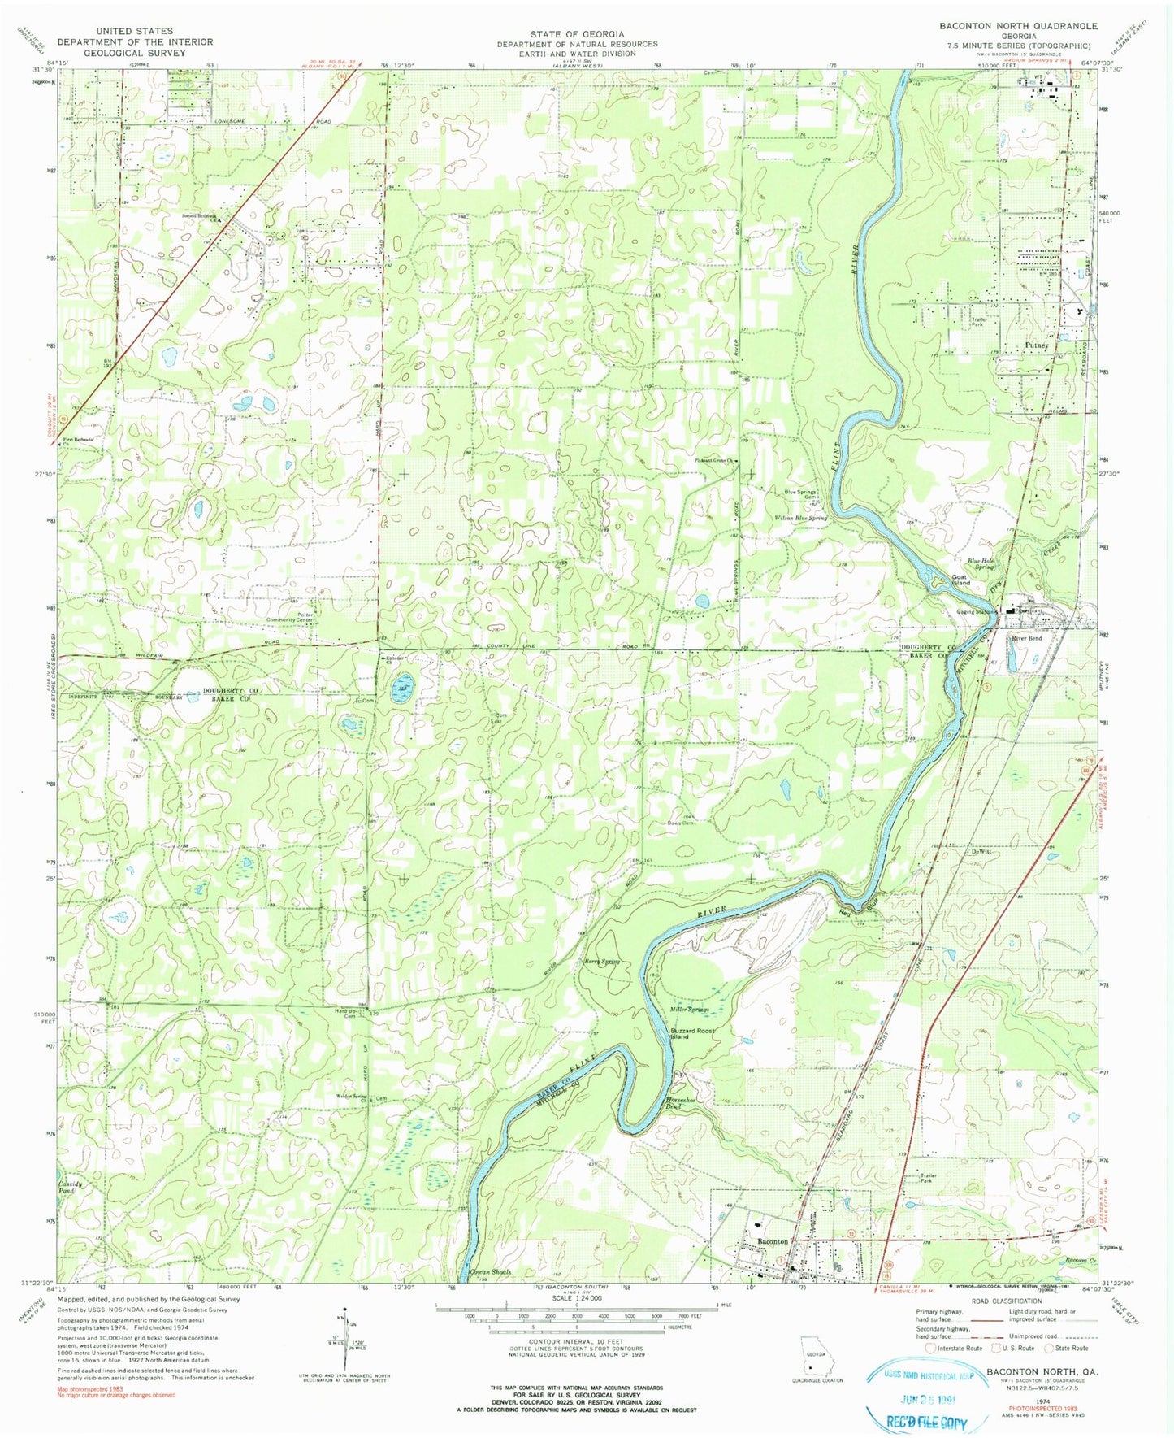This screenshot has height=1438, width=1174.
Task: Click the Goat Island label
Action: coord(961,580)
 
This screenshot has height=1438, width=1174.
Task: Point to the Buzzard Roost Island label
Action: coord(691,1033)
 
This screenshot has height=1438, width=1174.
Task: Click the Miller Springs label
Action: coord(689,1009)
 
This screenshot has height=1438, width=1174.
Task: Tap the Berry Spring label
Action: coord(602,962)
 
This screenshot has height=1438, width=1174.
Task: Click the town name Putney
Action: coord(1037,345)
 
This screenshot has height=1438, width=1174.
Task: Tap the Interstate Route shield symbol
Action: coord(931,1348)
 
